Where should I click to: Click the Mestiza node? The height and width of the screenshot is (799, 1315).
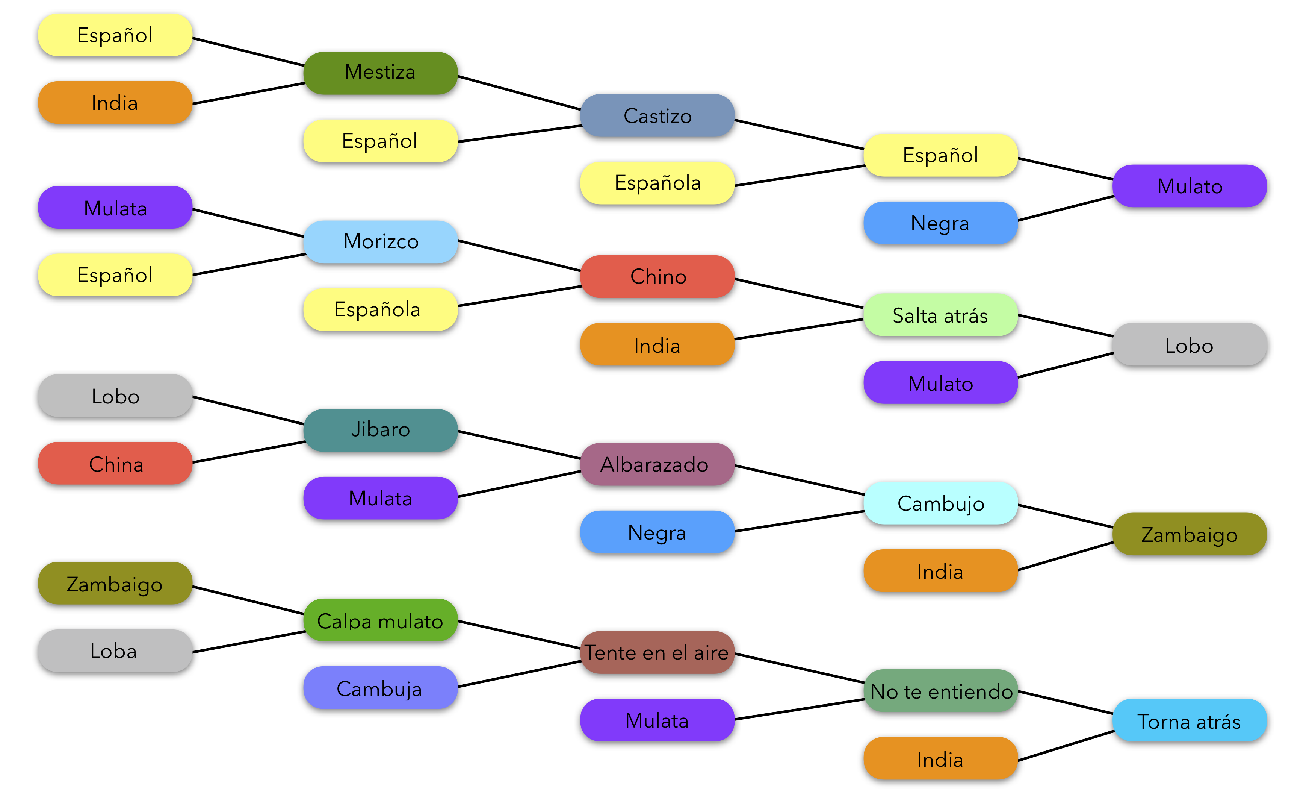(x=380, y=73)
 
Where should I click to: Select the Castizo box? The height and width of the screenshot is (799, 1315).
(x=657, y=116)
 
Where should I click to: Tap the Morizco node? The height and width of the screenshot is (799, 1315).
(x=380, y=241)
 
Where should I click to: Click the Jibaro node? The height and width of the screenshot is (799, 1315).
(x=380, y=430)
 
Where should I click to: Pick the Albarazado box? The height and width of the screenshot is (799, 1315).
(x=657, y=464)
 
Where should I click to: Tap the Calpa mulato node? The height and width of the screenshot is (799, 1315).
(x=380, y=621)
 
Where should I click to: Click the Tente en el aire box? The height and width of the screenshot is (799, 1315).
(x=657, y=652)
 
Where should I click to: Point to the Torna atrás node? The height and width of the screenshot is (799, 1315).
(x=1189, y=721)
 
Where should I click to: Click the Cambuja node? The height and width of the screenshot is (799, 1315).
(x=380, y=688)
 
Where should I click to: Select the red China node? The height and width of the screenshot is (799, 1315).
(x=115, y=464)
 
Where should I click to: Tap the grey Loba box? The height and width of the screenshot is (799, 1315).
(x=115, y=650)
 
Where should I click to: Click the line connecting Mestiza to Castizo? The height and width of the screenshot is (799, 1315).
(x=519, y=93)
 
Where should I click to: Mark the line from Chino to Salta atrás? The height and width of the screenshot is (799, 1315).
(x=799, y=294)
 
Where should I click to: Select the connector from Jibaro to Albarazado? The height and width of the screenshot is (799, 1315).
(x=519, y=445)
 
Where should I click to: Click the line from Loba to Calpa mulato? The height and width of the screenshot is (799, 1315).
(x=249, y=642)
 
